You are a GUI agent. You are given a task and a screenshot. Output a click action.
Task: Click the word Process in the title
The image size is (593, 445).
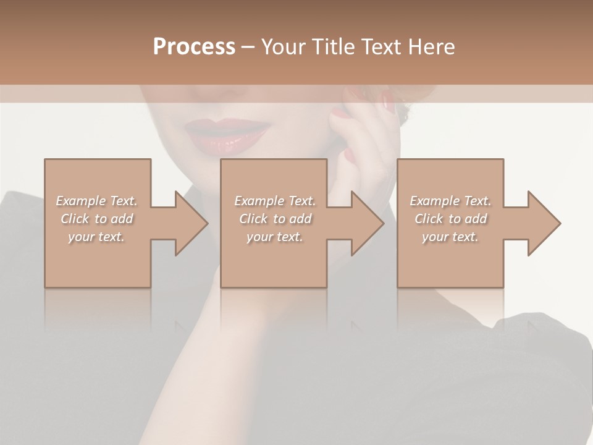194,47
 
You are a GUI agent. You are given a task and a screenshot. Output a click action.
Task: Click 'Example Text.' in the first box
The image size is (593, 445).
96,201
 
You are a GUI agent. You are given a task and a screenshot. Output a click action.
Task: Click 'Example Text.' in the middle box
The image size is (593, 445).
275,201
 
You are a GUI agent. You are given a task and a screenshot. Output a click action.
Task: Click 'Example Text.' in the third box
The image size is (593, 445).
450,201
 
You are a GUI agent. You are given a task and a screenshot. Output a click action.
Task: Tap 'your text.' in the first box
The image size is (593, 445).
96,237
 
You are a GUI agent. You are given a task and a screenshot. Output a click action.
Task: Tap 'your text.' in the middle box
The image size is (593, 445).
275,237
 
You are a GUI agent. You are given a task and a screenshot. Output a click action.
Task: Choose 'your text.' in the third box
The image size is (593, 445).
450,237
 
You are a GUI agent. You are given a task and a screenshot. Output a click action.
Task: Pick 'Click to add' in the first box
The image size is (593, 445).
96,219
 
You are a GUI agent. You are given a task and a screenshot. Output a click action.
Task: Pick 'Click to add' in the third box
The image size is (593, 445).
450,219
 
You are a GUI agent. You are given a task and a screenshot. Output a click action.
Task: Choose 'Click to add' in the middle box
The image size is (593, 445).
275,219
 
